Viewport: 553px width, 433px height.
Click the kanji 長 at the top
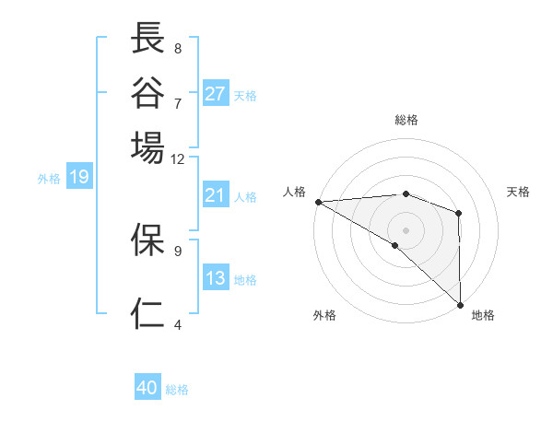point(148,39)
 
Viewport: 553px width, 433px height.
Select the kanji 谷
point(148,92)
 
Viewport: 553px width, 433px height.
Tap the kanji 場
point(148,147)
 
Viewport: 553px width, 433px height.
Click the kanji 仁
point(148,313)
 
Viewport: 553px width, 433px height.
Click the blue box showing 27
point(216,94)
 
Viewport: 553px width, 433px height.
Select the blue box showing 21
point(216,195)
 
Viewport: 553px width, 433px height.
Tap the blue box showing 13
point(216,278)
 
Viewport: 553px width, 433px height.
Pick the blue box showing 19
point(79,177)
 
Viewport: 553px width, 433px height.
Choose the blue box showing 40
point(147,389)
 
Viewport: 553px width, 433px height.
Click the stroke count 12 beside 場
point(178,158)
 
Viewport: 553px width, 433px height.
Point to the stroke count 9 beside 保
point(178,249)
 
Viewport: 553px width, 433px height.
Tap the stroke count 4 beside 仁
point(178,324)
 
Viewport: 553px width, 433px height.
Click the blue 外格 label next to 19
point(49,178)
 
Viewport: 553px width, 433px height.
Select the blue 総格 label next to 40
point(177,390)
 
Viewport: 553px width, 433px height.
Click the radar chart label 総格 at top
point(406,120)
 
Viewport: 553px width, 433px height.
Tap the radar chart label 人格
point(294,192)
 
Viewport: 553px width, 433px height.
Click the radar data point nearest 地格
point(460,305)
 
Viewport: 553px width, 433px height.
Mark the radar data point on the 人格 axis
point(317,202)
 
